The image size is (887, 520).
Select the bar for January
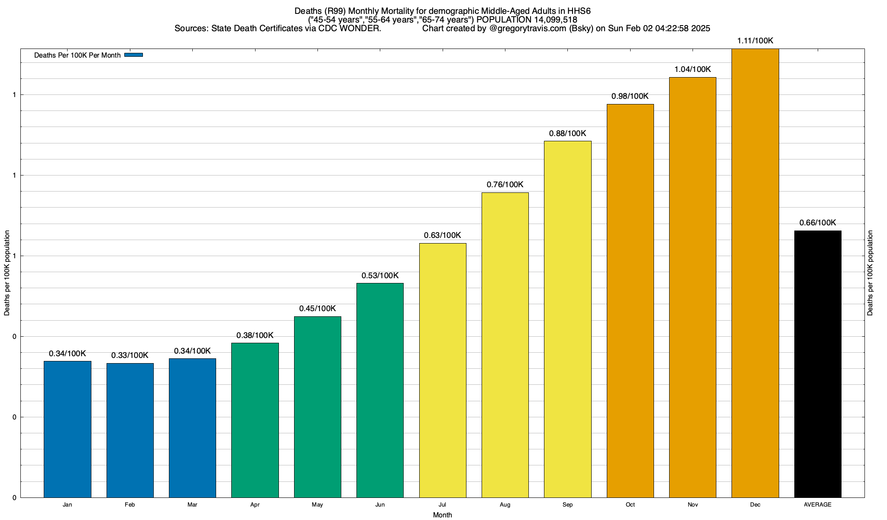pyautogui.click(x=68, y=429)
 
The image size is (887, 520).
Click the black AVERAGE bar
pyautogui.click(x=818, y=364)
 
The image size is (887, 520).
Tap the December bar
pyautogui.click(x=755, y=273)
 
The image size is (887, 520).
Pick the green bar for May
pyautogui.click(x=317, y=407)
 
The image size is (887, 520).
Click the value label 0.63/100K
pyautogui.click(x=442, y=235)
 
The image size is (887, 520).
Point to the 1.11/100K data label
pyautogui.click(x=755, y=41)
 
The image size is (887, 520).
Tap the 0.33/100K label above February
pyautogui.click(x=129, y=355)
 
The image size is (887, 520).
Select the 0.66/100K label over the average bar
pyautogui.click(x=818, y=223)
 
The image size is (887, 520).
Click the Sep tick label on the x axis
pyautogui.click(x=567, y=505)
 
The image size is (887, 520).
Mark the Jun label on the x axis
pyautogui.click(x=380, y=505)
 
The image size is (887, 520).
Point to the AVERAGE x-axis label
pyautogui.click(x=818, y=505)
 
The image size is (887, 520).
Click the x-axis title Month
pyautogui.click(x=442, y=515)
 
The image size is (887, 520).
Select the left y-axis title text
pyautogui.click(x=7, y=273)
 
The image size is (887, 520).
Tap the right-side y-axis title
pyautogui.click(x=870, y=273)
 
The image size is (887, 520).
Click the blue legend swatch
pyautogui.click(x=133, y=55)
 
